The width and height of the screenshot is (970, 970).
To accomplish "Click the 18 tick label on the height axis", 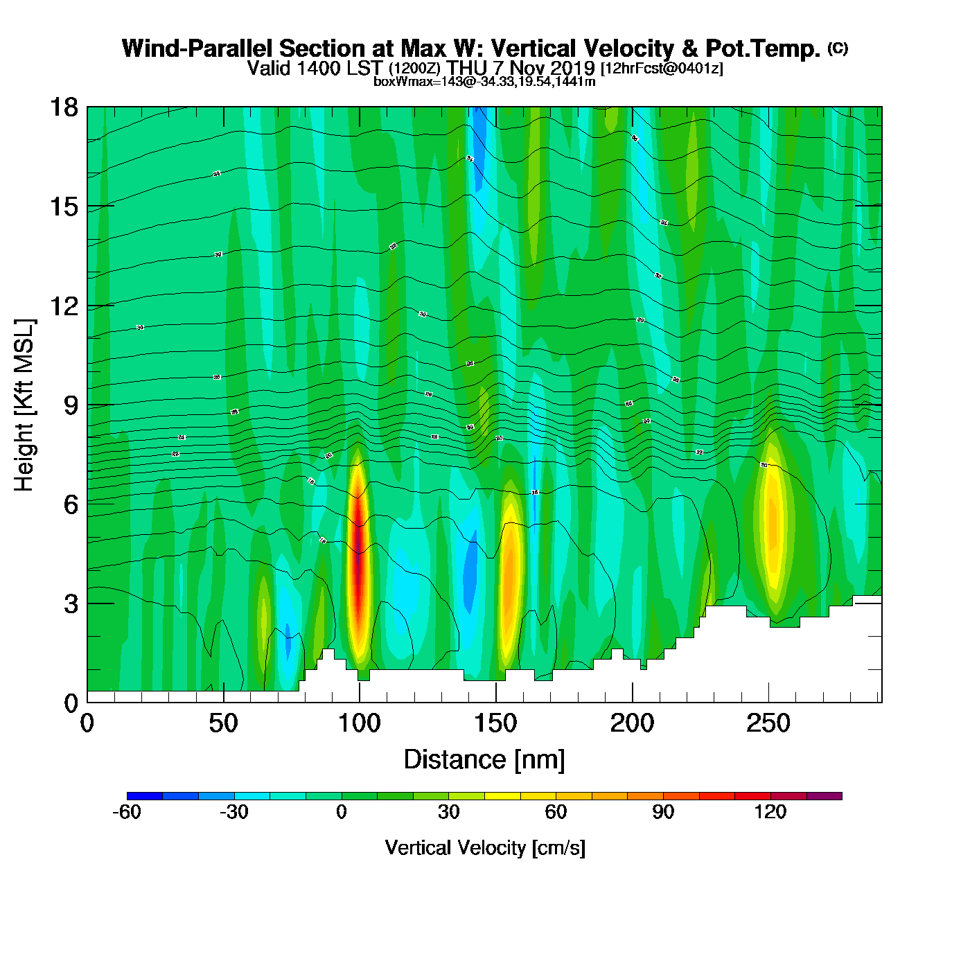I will click(64, 107).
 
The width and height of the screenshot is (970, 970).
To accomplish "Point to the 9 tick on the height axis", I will click(87, 405).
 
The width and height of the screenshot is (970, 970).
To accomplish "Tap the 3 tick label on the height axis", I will click(71, 603).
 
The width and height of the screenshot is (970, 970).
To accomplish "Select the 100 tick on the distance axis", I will click(360, 702).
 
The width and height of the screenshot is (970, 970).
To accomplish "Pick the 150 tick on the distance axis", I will click(496, 702).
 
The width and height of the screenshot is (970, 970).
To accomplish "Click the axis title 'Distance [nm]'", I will click(484, 759).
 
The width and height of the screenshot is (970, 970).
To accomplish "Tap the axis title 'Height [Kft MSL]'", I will click(24, 405).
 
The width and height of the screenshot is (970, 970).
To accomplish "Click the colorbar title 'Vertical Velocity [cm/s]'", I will click(484, 847).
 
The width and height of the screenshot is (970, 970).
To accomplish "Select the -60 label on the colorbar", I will click(127, 812).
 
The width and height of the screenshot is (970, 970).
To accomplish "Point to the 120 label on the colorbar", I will click(770, 812).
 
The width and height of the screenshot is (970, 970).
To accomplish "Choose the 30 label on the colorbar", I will click(449, 812).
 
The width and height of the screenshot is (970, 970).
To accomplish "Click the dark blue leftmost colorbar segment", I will click(145, 796).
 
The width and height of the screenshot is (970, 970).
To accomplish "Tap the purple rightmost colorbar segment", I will click(824, 796).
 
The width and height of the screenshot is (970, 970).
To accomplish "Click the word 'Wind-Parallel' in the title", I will click(197, 48).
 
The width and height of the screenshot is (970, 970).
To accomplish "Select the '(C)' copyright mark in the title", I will click(838, 48).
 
